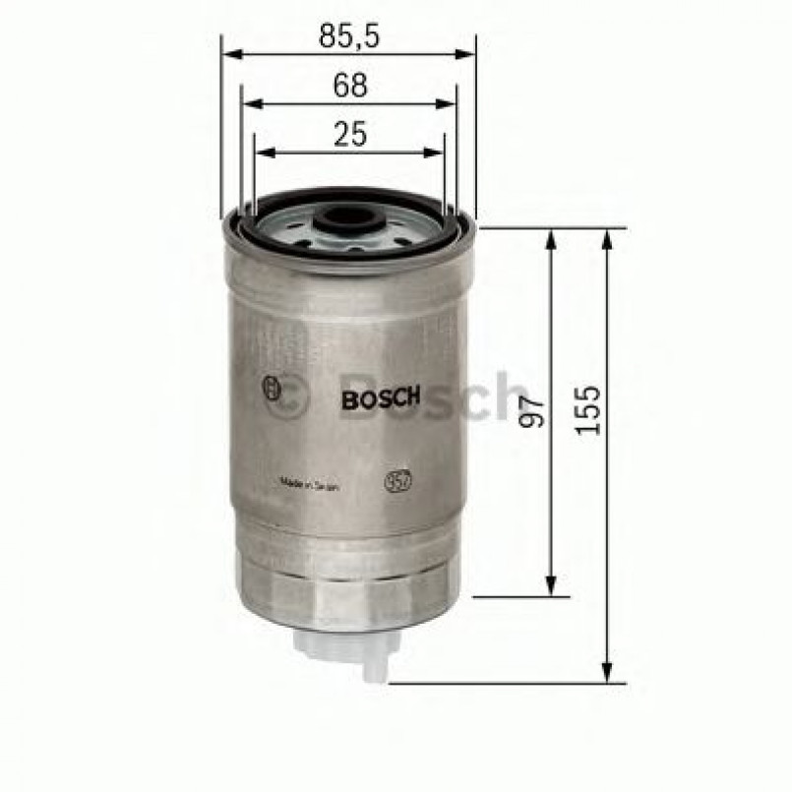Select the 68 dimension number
click(x=349, y=86)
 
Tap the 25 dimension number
click(x=349, y=136)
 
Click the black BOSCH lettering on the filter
click(x=381, y=398)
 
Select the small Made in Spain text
click(x=308, y=484)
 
